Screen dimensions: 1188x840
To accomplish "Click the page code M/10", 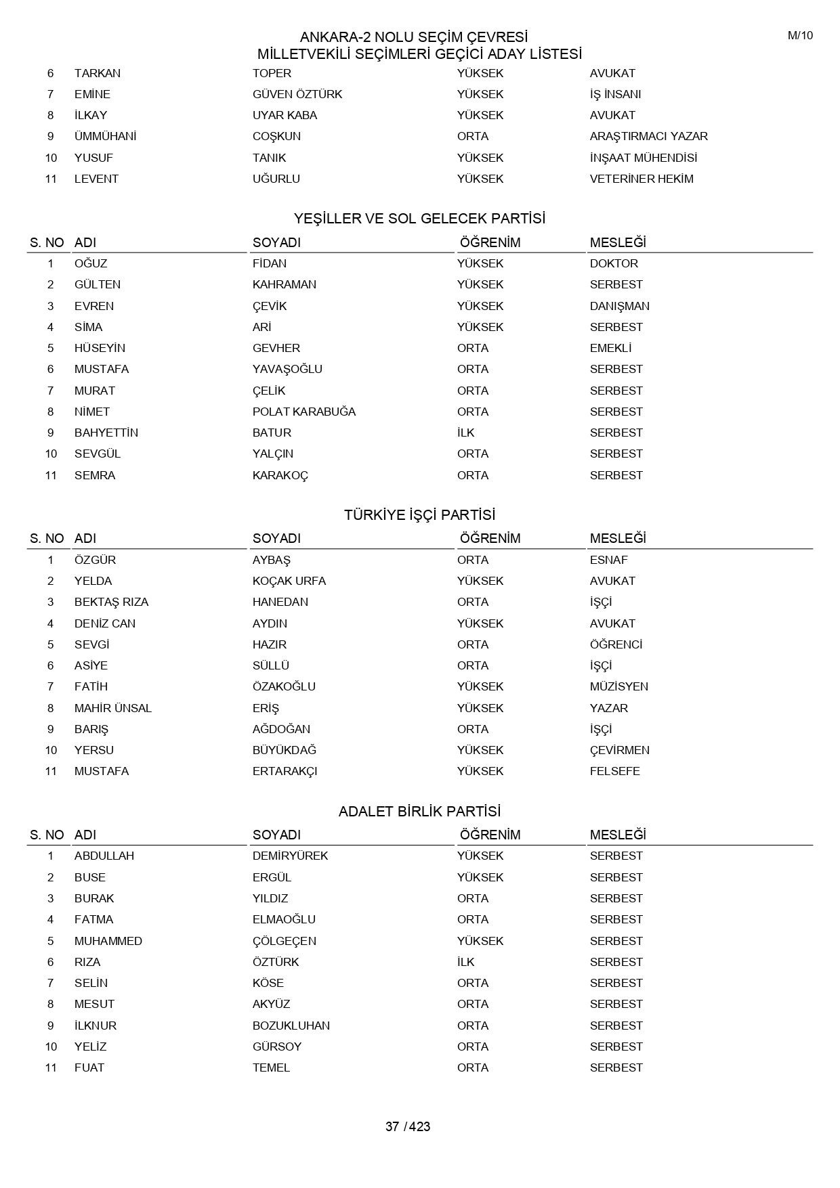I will [799, 36].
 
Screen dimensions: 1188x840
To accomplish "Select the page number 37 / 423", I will [408, 1126].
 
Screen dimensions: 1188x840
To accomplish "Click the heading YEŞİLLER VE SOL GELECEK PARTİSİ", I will [419, 219].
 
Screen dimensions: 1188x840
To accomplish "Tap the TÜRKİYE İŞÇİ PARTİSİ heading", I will [419, 515].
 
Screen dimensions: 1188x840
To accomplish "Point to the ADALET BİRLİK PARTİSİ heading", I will [419, 811].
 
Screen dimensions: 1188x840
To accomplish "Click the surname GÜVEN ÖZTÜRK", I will [297, 94].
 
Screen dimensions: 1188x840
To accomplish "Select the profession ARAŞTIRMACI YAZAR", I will [648, 136].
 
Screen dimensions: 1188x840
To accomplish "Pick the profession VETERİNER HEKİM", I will [642, 179].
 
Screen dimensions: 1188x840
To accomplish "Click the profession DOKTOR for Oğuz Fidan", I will [614, 263].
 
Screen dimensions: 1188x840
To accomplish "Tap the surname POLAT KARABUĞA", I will [303, 412].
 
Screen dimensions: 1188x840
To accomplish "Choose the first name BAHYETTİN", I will [106, 433].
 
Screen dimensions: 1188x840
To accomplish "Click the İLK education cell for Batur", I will [465, 433].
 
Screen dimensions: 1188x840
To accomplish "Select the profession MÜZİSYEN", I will [618, 686].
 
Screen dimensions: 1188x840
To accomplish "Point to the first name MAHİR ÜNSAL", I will [112, 708].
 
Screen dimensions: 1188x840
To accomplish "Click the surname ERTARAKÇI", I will [285, 771].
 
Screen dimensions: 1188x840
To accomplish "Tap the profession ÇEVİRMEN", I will [619, 750].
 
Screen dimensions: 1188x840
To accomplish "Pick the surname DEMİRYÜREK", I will [290, 856].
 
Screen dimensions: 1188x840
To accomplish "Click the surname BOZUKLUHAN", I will [291, 1026].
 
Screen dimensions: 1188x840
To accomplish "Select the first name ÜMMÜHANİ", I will [105, 136].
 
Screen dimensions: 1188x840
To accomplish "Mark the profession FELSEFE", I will [614, 771].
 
